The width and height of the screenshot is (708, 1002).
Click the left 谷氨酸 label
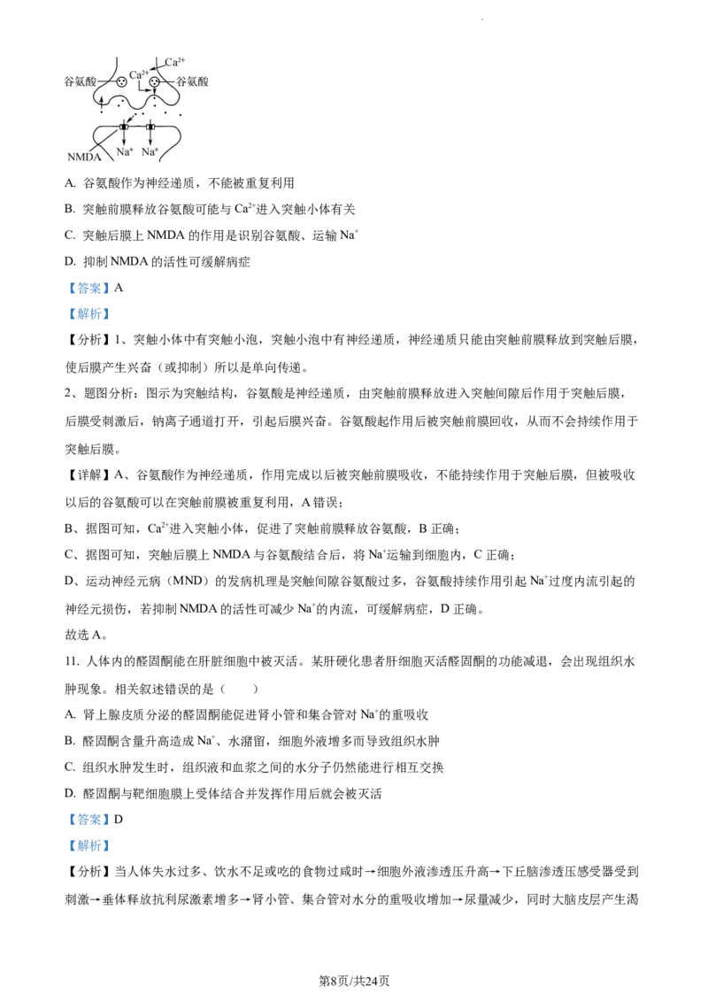(81, 81)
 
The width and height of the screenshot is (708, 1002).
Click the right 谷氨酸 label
(192, 81)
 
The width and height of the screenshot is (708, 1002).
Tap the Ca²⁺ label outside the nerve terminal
(175, 62)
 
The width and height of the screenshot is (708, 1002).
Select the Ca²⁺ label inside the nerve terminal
(139, 75)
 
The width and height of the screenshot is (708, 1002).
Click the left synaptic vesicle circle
(121, 82)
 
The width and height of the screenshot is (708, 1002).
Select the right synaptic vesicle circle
(154, 82)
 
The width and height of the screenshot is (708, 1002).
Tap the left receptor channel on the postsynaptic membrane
(124, 127)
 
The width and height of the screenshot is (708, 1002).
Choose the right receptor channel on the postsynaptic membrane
(150, 127)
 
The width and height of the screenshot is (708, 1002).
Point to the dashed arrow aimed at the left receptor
(133, 118)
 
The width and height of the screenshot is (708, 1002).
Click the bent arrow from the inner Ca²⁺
(142, 89)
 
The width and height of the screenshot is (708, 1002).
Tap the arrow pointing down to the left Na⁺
(124, 139)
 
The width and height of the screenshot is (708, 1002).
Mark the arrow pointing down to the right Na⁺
(150, 139)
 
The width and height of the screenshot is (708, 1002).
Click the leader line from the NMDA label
(104, 142)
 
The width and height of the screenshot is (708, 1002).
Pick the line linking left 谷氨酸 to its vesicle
(106, 81)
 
